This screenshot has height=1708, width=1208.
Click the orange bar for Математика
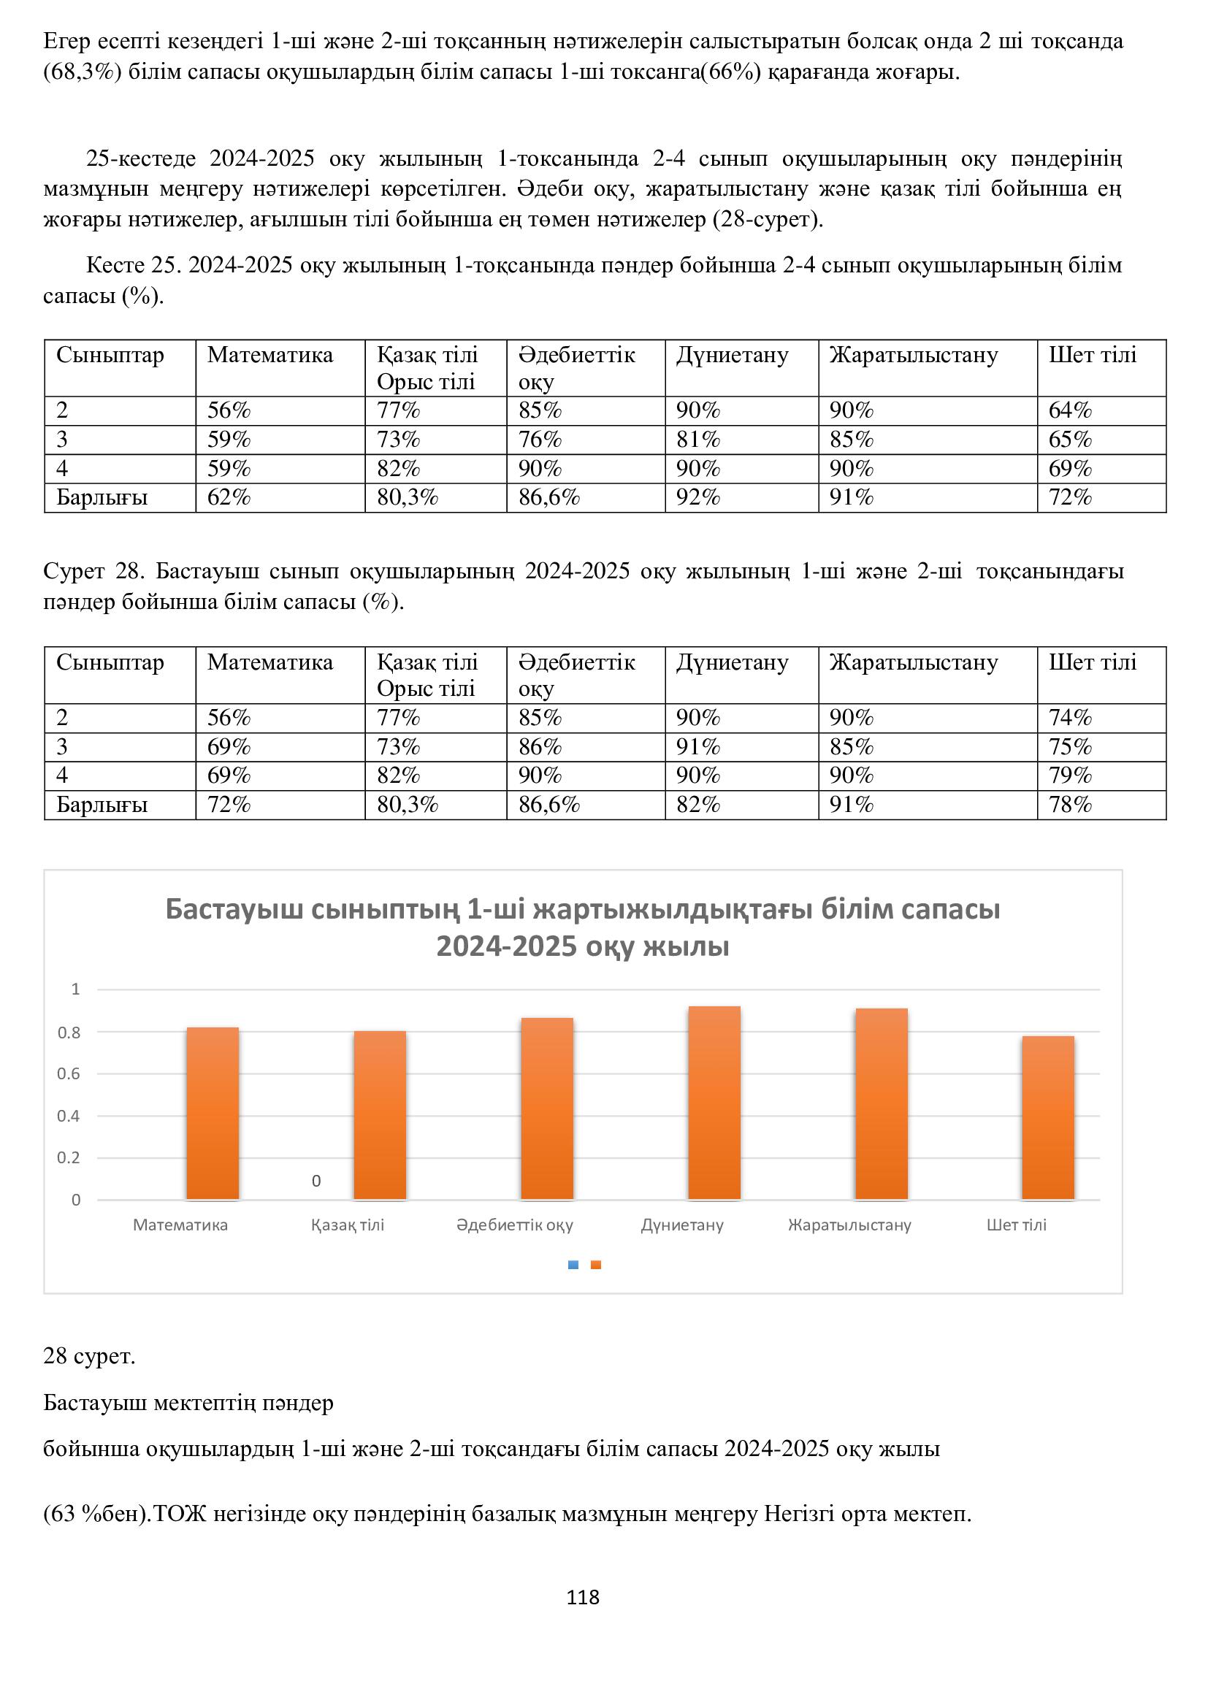(x=212, y=1113)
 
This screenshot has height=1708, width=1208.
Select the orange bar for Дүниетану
(x=714, y=1103)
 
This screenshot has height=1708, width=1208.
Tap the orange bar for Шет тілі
(x=1047, y=1117)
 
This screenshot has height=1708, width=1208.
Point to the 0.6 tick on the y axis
(x=69, y=1073)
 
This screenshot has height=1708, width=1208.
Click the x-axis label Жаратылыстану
(x=849, y=1225)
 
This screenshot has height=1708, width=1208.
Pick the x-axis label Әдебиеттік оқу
(x=515, y=1225)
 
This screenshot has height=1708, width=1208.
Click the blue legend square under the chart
(x=573, y=1265)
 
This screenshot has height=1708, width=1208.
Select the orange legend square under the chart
(x=596, y=1265)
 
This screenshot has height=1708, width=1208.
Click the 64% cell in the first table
(x=1071, y=410)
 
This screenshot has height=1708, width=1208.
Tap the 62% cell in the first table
(x=229, y=498)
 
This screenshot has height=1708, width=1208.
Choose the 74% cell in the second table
(x=1071, y=718)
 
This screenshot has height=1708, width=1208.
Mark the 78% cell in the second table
(x=1071, y=805)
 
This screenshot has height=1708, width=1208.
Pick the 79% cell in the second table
(x=1071, y=776)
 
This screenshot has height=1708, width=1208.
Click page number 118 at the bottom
(x=582, y=1597)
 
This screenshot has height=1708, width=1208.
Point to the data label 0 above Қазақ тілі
(x=316, y=1181)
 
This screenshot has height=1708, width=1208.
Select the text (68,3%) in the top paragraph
(x=83, y=72)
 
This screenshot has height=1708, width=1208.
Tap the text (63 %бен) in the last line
(x=96, y=1514)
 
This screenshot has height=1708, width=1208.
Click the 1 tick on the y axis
(x=75, y=989)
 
